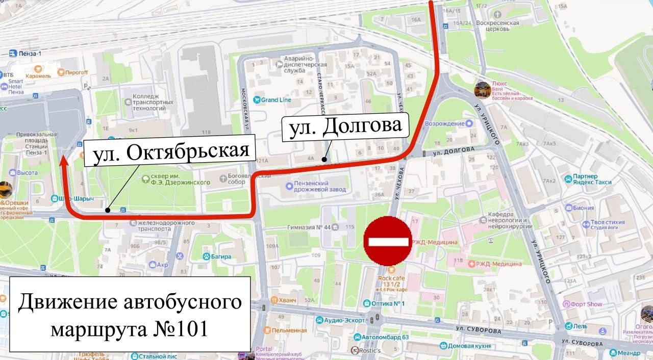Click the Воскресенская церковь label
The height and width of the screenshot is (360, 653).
497,25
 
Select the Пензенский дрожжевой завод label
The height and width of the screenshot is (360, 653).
316,186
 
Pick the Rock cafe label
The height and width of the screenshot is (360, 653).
391,278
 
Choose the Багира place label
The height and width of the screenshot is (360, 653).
220,256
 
